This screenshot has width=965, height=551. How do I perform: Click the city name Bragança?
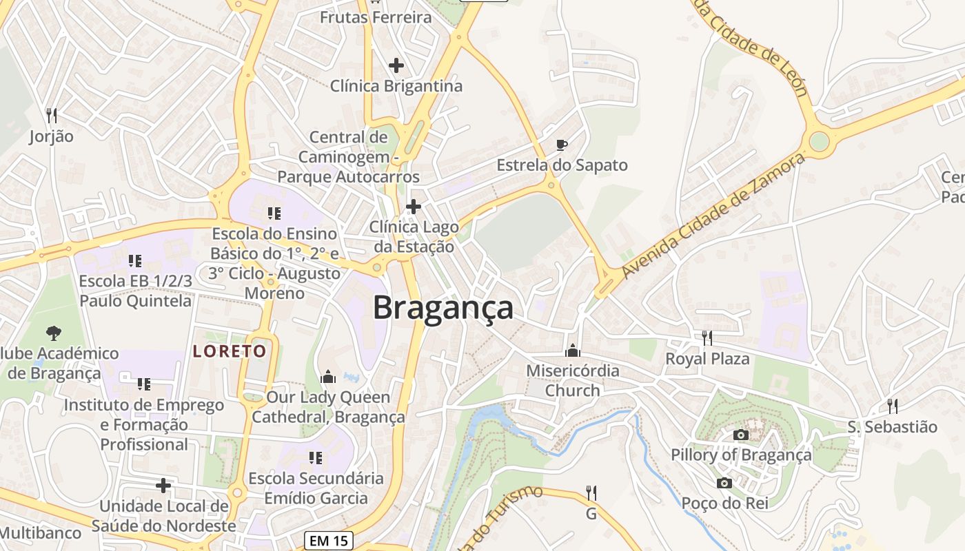443,308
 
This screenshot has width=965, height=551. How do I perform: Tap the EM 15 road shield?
329,541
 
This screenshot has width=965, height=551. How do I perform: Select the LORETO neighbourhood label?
230,351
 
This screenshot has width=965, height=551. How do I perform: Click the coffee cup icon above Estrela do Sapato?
562,145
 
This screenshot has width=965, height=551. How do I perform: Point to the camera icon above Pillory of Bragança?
741,435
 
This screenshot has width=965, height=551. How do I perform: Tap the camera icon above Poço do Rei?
724,483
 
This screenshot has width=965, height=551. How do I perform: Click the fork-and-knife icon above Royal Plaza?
707,337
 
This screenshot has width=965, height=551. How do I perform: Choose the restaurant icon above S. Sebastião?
892,406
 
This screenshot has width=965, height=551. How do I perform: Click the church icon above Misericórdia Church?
572,351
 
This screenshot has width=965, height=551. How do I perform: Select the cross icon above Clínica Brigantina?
396,65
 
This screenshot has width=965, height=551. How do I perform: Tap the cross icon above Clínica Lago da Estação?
414,206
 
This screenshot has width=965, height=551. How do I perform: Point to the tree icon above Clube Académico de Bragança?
53,333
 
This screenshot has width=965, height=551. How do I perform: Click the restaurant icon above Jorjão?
51,115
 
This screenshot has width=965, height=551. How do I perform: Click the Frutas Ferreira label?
376,17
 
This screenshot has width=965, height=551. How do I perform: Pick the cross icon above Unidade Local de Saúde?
163,486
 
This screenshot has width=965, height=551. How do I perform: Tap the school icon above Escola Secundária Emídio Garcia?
316,457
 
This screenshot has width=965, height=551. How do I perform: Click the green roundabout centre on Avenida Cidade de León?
819,141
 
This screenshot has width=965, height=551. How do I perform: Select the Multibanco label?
41,532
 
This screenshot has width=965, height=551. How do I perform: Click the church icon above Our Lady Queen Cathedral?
328,377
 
